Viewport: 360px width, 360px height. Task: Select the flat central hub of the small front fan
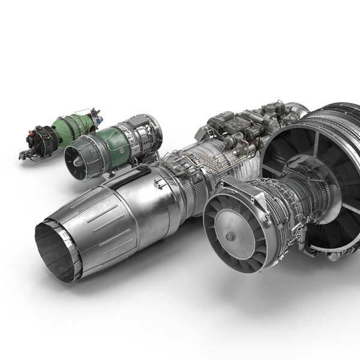tap(230, 235)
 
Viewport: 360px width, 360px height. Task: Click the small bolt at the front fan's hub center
tap(230, 236)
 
